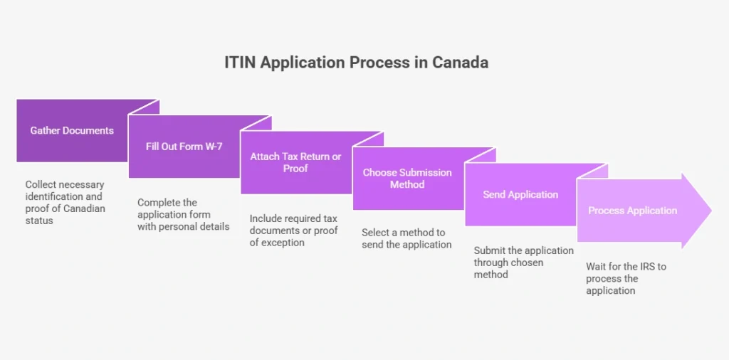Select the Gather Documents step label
(72, 130)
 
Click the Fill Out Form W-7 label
(184, 147)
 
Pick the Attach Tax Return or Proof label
(295, 162)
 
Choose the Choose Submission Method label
(407, 179)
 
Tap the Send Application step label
(520, 194)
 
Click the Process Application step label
(633, 211)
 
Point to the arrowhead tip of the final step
(711, 211)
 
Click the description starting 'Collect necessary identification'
(65, 203)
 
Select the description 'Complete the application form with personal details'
(183, 215)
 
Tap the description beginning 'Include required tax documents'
(294, 231)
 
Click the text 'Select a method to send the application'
(407, 238)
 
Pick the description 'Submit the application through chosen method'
(524, 263)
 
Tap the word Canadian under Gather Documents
(84, 208)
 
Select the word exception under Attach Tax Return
(283, 243)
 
